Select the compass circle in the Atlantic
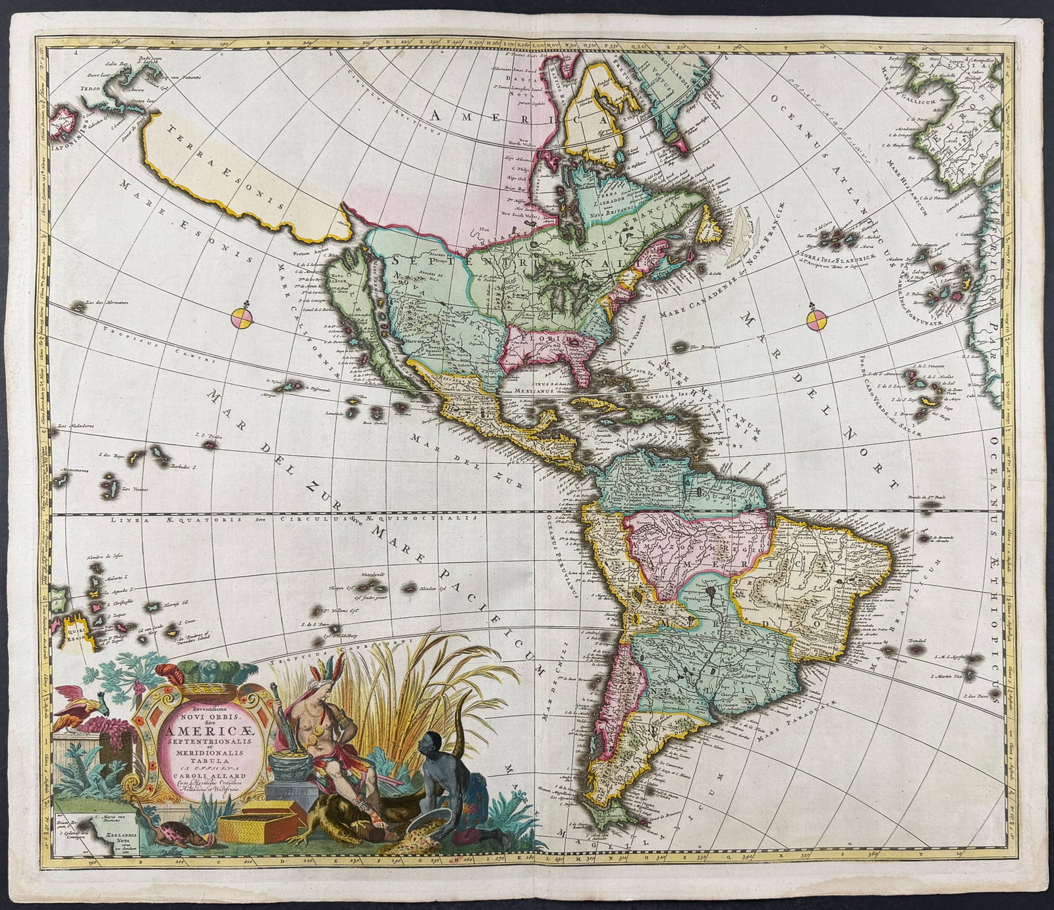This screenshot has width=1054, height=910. [816, 321]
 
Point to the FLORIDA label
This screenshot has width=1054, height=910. [540, 338]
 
